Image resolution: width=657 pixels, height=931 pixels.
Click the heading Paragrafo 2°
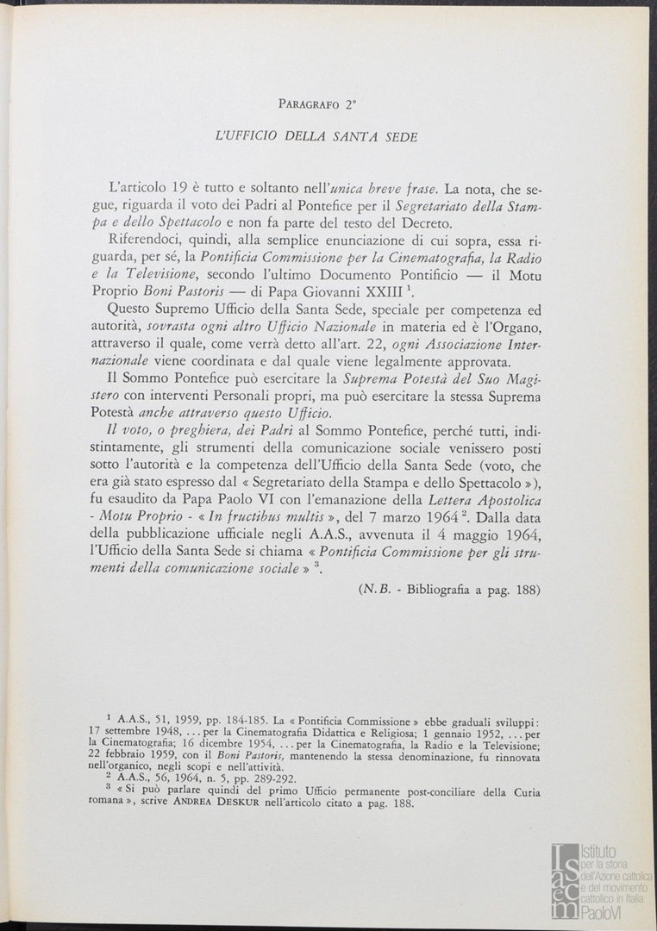point(317,104)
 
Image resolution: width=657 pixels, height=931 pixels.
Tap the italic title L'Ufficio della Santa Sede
point(316,136)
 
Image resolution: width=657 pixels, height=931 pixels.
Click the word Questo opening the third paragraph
point(135,313)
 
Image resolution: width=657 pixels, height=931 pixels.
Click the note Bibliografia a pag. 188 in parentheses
point(449,590)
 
